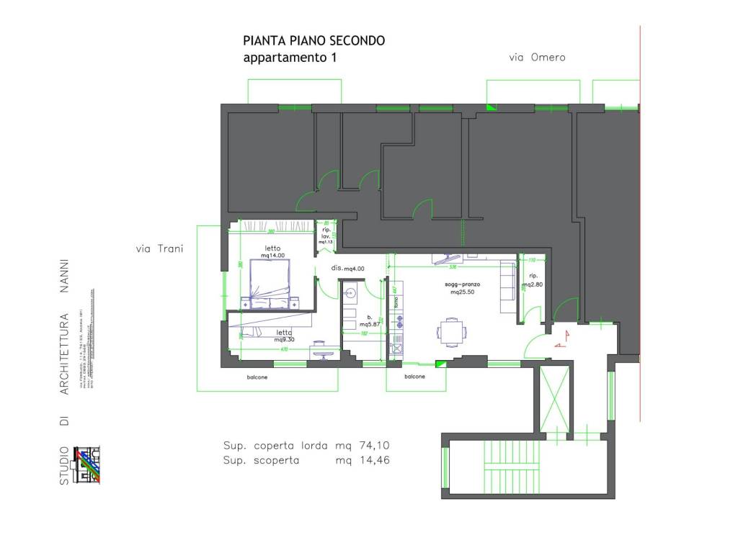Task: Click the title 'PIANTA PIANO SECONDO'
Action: pos(314,41)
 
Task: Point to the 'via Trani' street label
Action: pos(159,249)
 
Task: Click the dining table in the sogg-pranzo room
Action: pos(451,332)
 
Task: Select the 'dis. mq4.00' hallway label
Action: pos(348,268)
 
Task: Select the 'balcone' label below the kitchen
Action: pos(414,377)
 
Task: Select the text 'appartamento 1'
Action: pos(290,58)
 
